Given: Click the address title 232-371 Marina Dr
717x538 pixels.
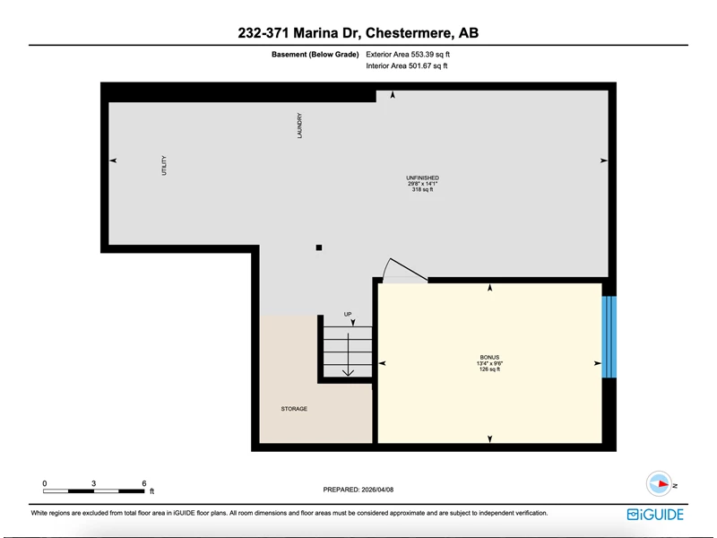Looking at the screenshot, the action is tap(299, 33).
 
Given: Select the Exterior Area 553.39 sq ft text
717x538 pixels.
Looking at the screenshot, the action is tap(408, 55).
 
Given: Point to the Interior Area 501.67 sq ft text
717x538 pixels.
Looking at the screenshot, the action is tap(407, 65).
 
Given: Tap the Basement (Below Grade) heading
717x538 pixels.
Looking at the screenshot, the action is tap(315, 55).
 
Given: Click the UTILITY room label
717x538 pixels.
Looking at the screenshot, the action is tap(164, 165).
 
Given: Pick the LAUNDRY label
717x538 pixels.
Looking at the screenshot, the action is tap(299, 126).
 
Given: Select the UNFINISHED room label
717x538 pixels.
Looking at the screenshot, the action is tap(422, 178).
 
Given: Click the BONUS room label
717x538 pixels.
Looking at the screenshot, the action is tap(489, 357).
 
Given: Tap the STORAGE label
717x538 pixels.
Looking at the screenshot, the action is tap(294, 409).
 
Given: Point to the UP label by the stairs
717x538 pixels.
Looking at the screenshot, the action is tap(348, 315).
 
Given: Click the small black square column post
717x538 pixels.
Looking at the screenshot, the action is tap(319, 247).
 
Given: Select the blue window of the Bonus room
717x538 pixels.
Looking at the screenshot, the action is tap(609, 337).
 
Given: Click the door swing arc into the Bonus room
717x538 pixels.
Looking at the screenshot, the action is tap(385, 267).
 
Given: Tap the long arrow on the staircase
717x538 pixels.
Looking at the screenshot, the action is tap(349, 354).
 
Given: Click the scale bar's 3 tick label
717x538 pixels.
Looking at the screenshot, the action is tap(94, 483).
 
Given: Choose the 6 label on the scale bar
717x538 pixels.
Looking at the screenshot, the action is tap(144, 483).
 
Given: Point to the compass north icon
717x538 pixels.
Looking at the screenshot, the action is tap(660, 483).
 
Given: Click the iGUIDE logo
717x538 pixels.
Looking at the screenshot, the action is tap(655, 515).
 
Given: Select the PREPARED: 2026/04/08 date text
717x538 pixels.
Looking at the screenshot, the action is tap(358, 490).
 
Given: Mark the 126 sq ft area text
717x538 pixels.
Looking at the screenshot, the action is tap(489, 369).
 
